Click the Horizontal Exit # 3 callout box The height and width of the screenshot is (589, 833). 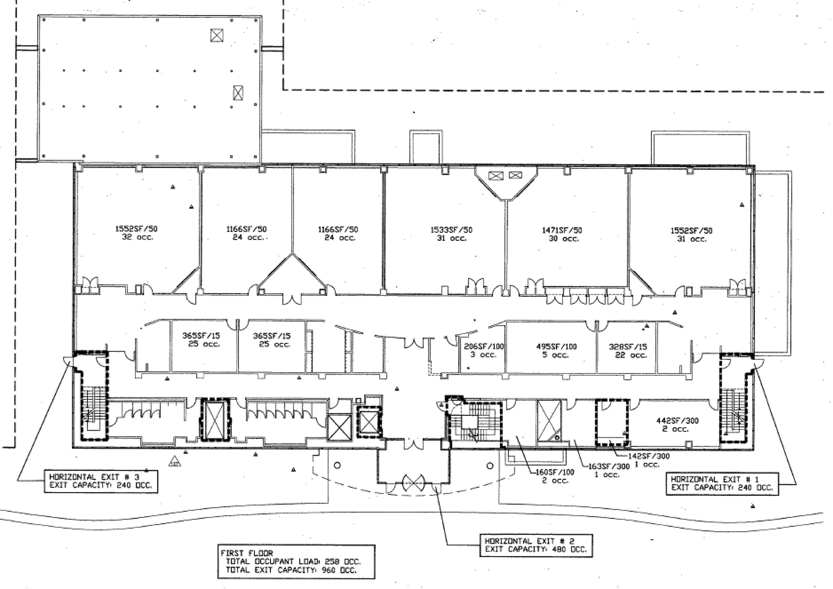[101, 481]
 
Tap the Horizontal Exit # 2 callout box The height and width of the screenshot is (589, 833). [536, 545]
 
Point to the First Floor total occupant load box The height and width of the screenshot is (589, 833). [296, 561]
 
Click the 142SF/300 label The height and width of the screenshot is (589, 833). [649, 456]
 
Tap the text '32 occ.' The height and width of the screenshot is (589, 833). [137, 237]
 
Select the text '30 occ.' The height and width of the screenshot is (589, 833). [563, 239]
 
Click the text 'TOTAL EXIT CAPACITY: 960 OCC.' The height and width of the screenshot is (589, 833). [291, 570]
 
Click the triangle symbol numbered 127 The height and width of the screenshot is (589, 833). [175, 461]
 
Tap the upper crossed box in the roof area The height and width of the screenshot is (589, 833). [217, 35]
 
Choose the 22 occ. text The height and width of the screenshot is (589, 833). [630, 355]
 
